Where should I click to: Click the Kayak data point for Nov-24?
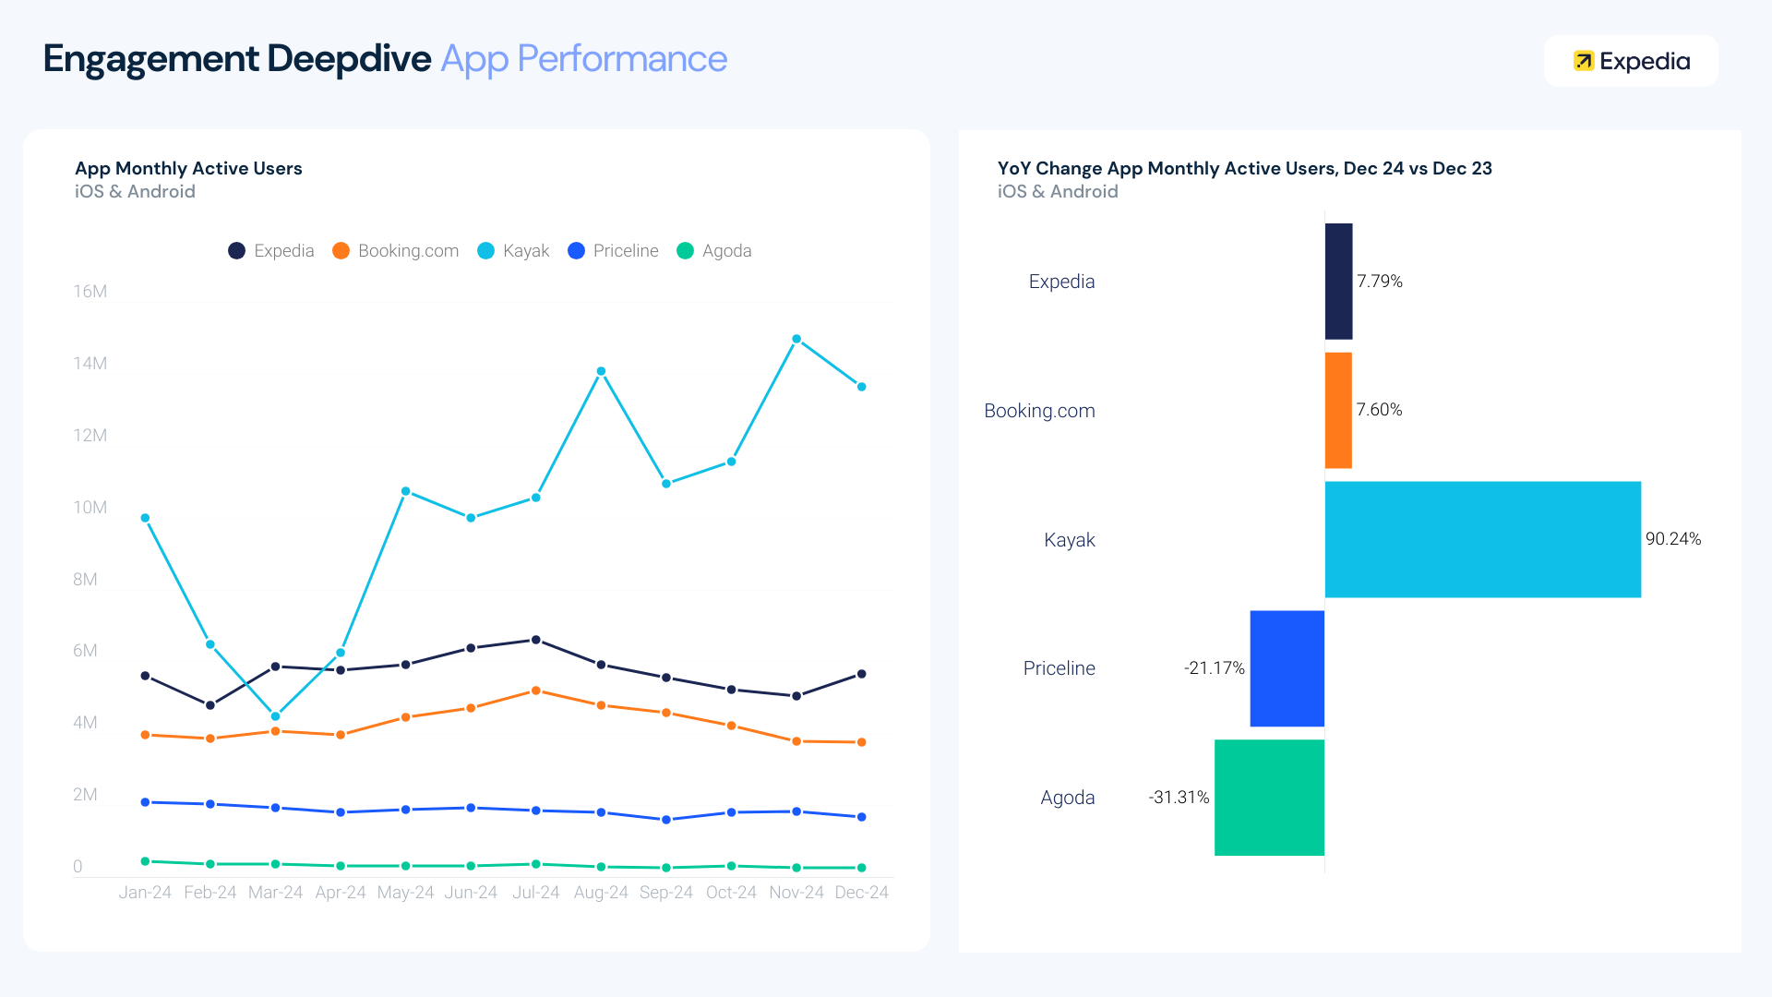(796, 339)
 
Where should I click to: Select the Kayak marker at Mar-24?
(275, 716)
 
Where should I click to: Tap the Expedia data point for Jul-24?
(536, 640)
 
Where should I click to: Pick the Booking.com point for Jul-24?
(536, 691)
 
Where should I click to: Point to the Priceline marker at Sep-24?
(666, 820)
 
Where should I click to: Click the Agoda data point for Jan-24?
(145, 861)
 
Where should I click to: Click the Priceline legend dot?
(576, 251)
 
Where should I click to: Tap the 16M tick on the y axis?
(90, 292)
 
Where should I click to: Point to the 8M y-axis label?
(85, 580)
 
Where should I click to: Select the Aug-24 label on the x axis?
(601, 893)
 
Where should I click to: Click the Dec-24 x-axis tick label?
(861, 893)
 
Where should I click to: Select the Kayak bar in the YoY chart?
(1482, 539)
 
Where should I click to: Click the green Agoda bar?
(1269, 798)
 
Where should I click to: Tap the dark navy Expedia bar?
(1338, 282)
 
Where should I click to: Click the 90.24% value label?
(1672, 539)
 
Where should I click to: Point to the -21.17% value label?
(1214, 668)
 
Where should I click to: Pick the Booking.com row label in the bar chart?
(1039, 411)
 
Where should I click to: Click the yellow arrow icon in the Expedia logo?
(1583, 61)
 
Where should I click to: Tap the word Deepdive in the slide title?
(348, 59)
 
